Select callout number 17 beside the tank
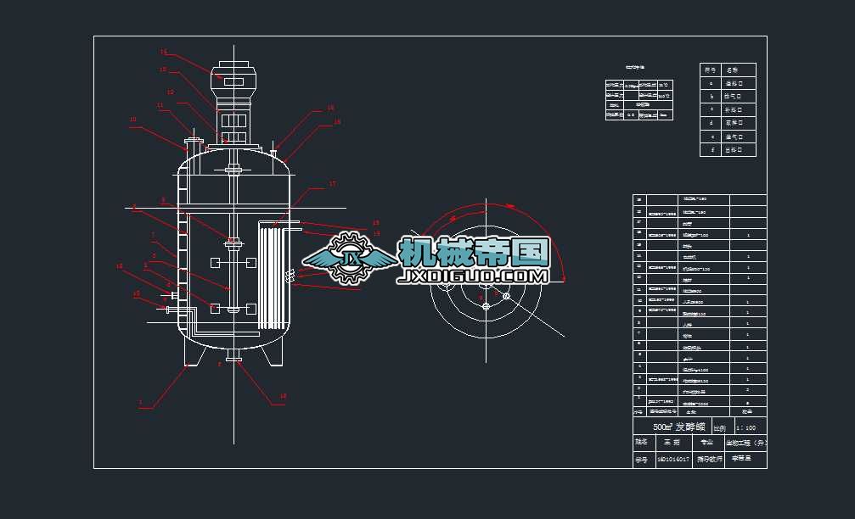coord(333,183)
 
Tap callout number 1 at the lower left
coord(141,402)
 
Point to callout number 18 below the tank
coord(284,396)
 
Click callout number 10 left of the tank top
coord(132,120)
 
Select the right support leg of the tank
coord(273,356)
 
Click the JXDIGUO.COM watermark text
coord(474,276)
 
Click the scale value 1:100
coord(746,427)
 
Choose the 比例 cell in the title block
coord(719,427)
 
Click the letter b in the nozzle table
coord(711,97)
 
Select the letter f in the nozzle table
coord(711,150)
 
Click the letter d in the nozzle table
coord(711,123)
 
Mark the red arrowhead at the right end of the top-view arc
coord(563,276)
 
